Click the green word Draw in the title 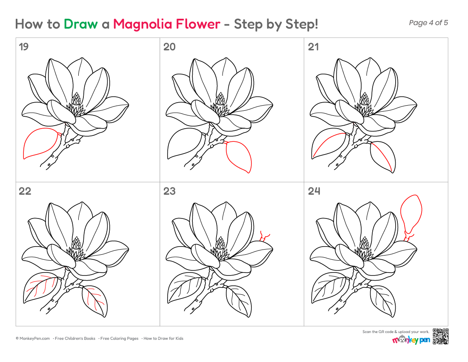click(80, 24)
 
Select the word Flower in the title click(198, 24)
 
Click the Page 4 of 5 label click(428, 23)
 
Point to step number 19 click(23, 47)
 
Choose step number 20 click(169, 47)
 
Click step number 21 click(313, 47)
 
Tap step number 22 click(25, 191)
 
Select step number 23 click(169, 191)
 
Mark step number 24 click(314, 191)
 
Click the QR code click(440, 336)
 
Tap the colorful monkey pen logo click(411, 339)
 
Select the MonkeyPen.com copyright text click(33, 339)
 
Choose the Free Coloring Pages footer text click(120, 339)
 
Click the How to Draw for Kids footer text click(163, 339)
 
